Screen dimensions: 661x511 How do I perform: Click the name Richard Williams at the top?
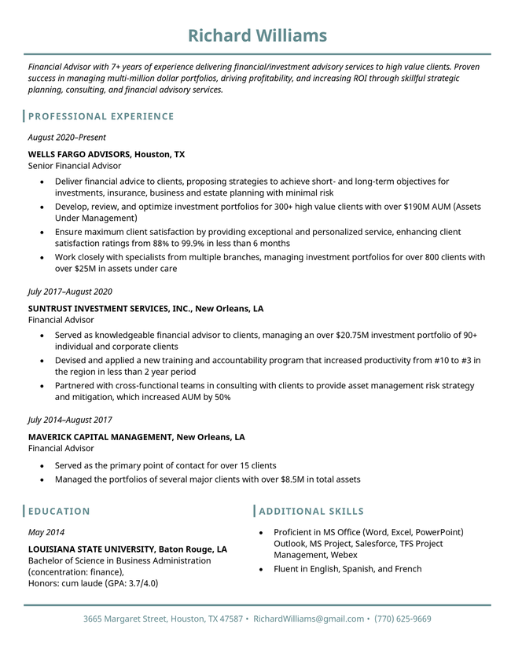(257, 35)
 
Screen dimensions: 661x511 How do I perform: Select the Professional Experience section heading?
(101, 116)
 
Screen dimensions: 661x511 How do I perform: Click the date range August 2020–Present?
(67, 138)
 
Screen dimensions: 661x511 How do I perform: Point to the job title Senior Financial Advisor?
(75, 166)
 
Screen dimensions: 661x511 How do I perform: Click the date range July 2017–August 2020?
(70, 292)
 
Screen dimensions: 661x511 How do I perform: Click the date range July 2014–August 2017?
(70, 420)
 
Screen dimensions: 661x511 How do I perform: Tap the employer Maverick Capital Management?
(100, 437)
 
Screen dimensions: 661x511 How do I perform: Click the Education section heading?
(59, 512)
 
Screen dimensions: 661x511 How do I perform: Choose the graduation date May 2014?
(46, 532)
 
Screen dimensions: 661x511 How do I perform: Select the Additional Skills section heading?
(311, 512)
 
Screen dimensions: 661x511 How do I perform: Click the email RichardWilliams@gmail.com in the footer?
(308, 619)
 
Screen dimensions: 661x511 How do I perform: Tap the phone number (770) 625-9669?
(403, 619)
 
